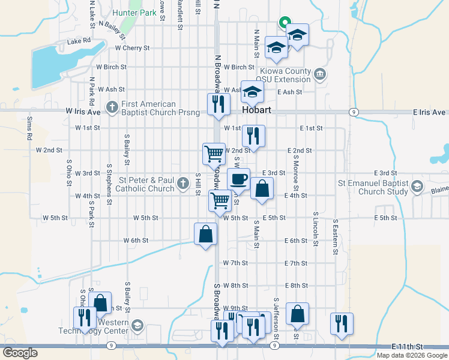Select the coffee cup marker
238,178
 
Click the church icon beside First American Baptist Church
112,108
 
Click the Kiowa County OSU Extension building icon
320,74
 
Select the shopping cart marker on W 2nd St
214,154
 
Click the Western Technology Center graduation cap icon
137,326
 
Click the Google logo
20,352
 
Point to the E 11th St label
407,347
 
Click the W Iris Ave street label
83,112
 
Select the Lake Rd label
79,41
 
